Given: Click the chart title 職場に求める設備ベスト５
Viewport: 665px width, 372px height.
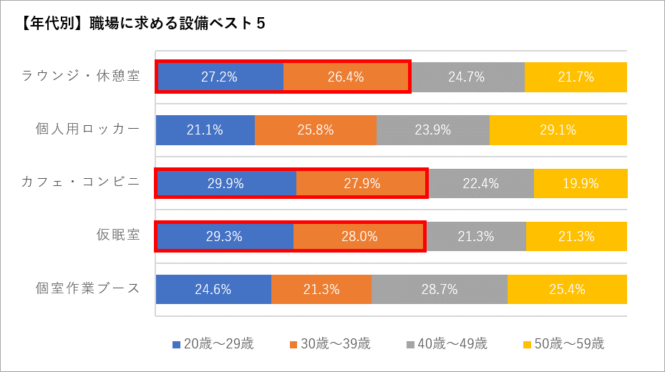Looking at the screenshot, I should pos(143,24).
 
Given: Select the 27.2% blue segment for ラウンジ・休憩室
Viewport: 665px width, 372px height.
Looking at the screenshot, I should pos(220,77).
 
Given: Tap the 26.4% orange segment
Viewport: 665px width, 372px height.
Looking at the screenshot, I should pos(346,77).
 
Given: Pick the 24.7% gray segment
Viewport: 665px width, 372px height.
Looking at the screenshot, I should pos(467,77).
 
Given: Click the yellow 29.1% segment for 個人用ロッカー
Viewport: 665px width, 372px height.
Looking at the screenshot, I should pos(558,130).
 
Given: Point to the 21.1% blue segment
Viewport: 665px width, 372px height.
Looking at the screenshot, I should pos(205,130).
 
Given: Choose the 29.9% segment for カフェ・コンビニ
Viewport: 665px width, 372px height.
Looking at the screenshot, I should pos(225,183).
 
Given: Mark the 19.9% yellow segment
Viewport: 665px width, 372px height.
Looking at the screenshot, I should pos(581,183).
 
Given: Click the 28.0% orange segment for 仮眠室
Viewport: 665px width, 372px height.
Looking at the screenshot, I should pos(359,236).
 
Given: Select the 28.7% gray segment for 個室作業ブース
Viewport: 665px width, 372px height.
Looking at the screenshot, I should pos(440,289).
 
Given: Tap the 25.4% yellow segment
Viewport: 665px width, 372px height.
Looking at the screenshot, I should pos(567,289).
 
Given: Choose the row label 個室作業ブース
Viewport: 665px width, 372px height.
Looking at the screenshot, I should pos(87,289).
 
